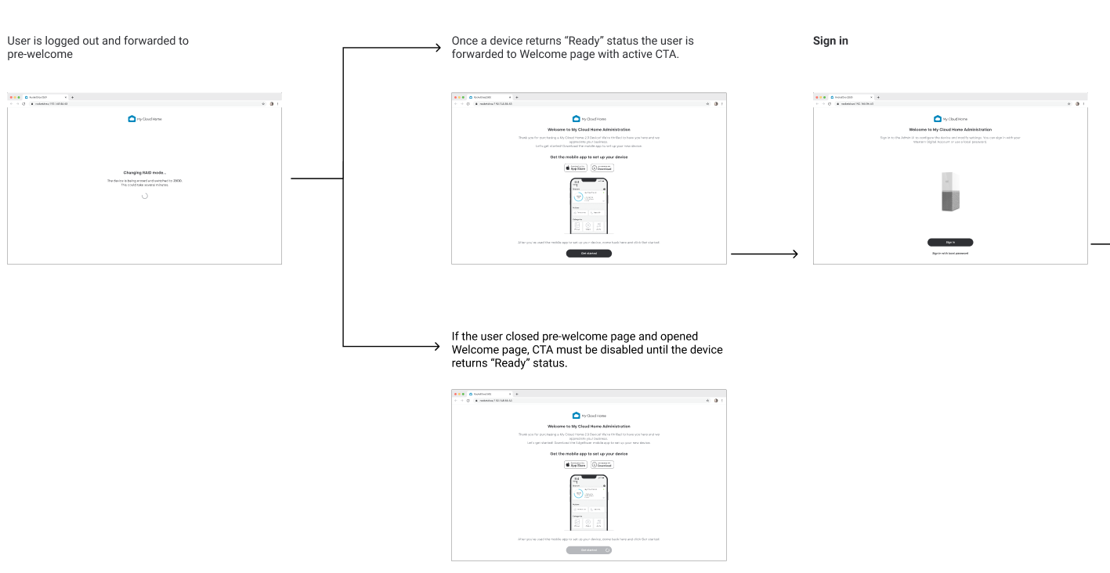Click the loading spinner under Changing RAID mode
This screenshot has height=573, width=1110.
coord(145,196)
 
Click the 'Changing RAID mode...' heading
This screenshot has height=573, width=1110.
coord(145,172)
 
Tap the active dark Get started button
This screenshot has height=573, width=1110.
coord(589,254)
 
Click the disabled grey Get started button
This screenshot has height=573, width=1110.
coord(589,550)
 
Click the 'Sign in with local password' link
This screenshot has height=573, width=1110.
coord(950,253)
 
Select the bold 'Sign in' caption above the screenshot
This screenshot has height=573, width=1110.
coord(830,41)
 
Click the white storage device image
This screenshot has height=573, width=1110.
coord(950,192)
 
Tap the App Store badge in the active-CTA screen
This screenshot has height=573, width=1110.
coord(576,168)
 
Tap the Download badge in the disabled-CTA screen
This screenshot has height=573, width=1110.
coord(602,464)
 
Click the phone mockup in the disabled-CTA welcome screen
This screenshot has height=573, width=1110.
coord(589,503)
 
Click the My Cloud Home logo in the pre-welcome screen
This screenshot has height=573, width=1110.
coord(145,119)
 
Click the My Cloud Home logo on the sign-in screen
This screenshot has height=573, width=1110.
coord(950,119)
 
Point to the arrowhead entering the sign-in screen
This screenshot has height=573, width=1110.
coord(794,254)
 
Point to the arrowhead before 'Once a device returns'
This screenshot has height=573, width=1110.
coord(437,47)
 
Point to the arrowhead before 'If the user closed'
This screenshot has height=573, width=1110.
coord(437,345)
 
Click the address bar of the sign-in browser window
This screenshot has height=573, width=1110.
coord(862,103)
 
